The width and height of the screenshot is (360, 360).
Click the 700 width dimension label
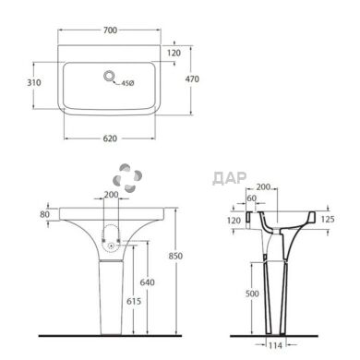[110, 30]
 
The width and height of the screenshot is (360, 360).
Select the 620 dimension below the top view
[110, 138]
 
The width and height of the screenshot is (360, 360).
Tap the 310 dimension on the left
[34, 82]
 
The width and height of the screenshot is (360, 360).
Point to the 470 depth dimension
[192, 79]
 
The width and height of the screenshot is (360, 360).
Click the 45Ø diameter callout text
[127, 83]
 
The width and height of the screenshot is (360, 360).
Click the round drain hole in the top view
[109, 76]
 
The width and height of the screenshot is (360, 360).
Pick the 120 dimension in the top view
[174, 54]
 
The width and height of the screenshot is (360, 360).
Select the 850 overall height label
[175, 256]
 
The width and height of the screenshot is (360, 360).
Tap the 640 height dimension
[147, 282]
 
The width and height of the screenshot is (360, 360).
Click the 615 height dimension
[134, 301]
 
